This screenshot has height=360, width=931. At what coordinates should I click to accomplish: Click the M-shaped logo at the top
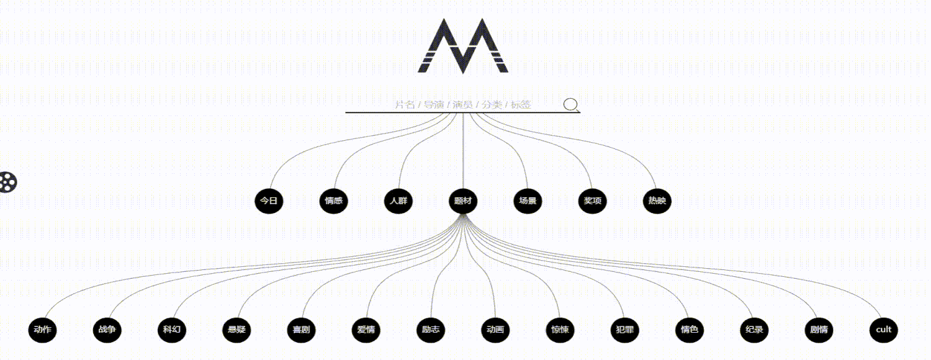tap(463, 46)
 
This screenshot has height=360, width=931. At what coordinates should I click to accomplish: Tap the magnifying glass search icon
tap(571, 104)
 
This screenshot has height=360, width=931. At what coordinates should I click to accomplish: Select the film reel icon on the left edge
tap(8, 182)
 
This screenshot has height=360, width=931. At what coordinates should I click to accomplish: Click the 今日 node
tap(269, 201)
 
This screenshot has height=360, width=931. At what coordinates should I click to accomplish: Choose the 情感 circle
tap(333, 201)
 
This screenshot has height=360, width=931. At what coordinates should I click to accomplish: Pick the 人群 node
tap(398, 201)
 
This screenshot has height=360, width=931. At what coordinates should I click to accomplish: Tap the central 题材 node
tap(462, 201)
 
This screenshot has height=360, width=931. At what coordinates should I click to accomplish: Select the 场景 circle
tap(527, 201)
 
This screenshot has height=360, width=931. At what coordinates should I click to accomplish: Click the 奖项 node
tap(592, 201)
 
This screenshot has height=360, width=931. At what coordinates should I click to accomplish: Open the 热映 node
tap(657, 201)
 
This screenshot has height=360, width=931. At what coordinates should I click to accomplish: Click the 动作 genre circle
tap(43, 330)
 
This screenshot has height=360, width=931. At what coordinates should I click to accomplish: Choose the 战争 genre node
tap(107, 330)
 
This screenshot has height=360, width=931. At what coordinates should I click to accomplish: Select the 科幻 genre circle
tap(172, 330)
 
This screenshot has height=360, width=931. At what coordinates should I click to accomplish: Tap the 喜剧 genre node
tap(301, 330)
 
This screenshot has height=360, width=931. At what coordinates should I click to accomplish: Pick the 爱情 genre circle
tap(366, 330)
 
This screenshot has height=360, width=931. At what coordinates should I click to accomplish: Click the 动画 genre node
tap(495, 330)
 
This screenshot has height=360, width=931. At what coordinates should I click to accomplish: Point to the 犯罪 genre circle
tap(624, 330)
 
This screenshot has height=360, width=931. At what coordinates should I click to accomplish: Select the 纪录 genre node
tap(753, 330)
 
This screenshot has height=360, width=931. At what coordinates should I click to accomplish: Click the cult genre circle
tap(883, 330)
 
